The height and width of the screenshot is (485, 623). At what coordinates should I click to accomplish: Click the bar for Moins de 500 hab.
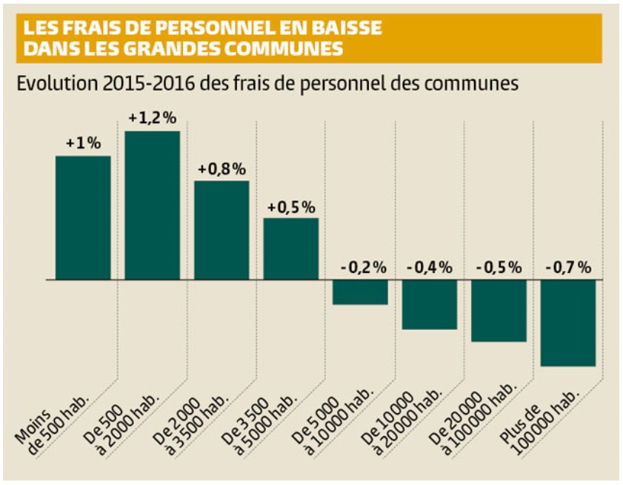pos(83,217)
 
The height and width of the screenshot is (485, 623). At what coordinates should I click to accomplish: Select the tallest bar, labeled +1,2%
pos(152,205)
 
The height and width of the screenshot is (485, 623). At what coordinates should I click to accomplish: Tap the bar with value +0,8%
pos(221,230)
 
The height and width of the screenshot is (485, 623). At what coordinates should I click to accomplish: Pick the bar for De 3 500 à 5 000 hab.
pos(291,248)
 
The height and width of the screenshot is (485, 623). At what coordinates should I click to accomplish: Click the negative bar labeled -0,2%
pos(360,292)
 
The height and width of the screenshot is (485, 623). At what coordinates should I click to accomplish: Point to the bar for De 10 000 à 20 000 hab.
pos(430,304)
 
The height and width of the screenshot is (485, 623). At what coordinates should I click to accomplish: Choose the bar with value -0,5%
pos(499,311)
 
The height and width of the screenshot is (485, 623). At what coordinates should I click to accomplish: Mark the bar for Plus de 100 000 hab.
pos(568,323)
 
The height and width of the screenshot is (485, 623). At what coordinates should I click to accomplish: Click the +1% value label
pos(84,143)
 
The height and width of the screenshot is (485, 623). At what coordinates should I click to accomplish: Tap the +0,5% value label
pos(291,208)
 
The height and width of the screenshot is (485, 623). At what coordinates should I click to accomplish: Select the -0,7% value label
pos(569,268)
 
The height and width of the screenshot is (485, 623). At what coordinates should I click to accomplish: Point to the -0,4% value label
pos(430,268)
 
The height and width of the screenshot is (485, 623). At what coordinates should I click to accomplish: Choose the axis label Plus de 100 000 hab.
pos(539,423)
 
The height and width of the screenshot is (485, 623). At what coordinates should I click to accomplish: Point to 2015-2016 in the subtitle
pos(149,84)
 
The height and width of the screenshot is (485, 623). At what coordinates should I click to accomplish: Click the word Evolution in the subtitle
pos(57,84)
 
